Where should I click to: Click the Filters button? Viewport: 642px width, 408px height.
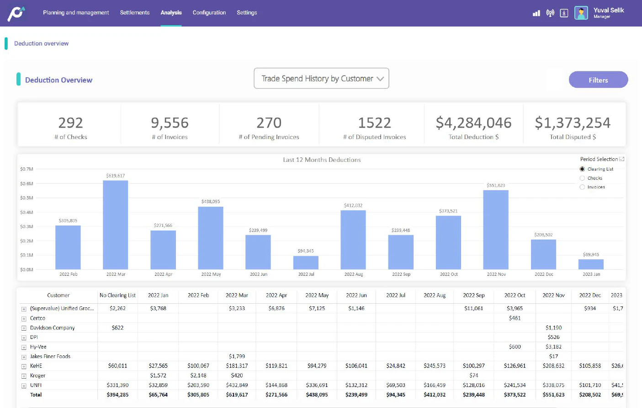tap(598, 80)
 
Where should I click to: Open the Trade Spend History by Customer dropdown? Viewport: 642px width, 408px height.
tap(321, 79)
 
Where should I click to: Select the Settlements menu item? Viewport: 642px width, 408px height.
tap(134, 13)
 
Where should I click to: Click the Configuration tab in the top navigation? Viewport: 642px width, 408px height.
tap(209, 13)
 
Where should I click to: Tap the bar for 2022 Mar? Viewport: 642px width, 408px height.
tap(116, 225)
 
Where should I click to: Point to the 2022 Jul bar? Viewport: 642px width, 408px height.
tap(306, 263)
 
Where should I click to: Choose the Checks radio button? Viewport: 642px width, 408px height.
tap(582, 178)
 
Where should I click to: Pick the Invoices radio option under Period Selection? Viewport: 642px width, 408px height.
tap(582, 187)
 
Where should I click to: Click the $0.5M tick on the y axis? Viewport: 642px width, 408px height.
tap(27, 198)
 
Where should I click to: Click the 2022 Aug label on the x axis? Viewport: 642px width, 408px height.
tap(353, 274)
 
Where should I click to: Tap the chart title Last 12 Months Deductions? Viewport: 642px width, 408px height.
tap(322, 160)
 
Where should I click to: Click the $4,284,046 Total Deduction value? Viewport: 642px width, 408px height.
tap(473, 123)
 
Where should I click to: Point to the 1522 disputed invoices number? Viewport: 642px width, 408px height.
tap(374, 123)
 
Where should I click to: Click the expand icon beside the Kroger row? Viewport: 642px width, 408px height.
tap(24, 376)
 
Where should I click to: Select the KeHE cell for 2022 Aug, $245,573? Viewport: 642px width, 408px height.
tap(434, 366)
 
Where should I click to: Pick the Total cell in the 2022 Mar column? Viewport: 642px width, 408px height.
tap(237, 395)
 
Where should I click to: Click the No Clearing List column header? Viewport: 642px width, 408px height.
tap(117, 295)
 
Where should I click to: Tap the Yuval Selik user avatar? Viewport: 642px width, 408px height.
tap(581, 13)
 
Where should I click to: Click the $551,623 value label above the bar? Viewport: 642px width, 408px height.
tap(496, 186)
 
